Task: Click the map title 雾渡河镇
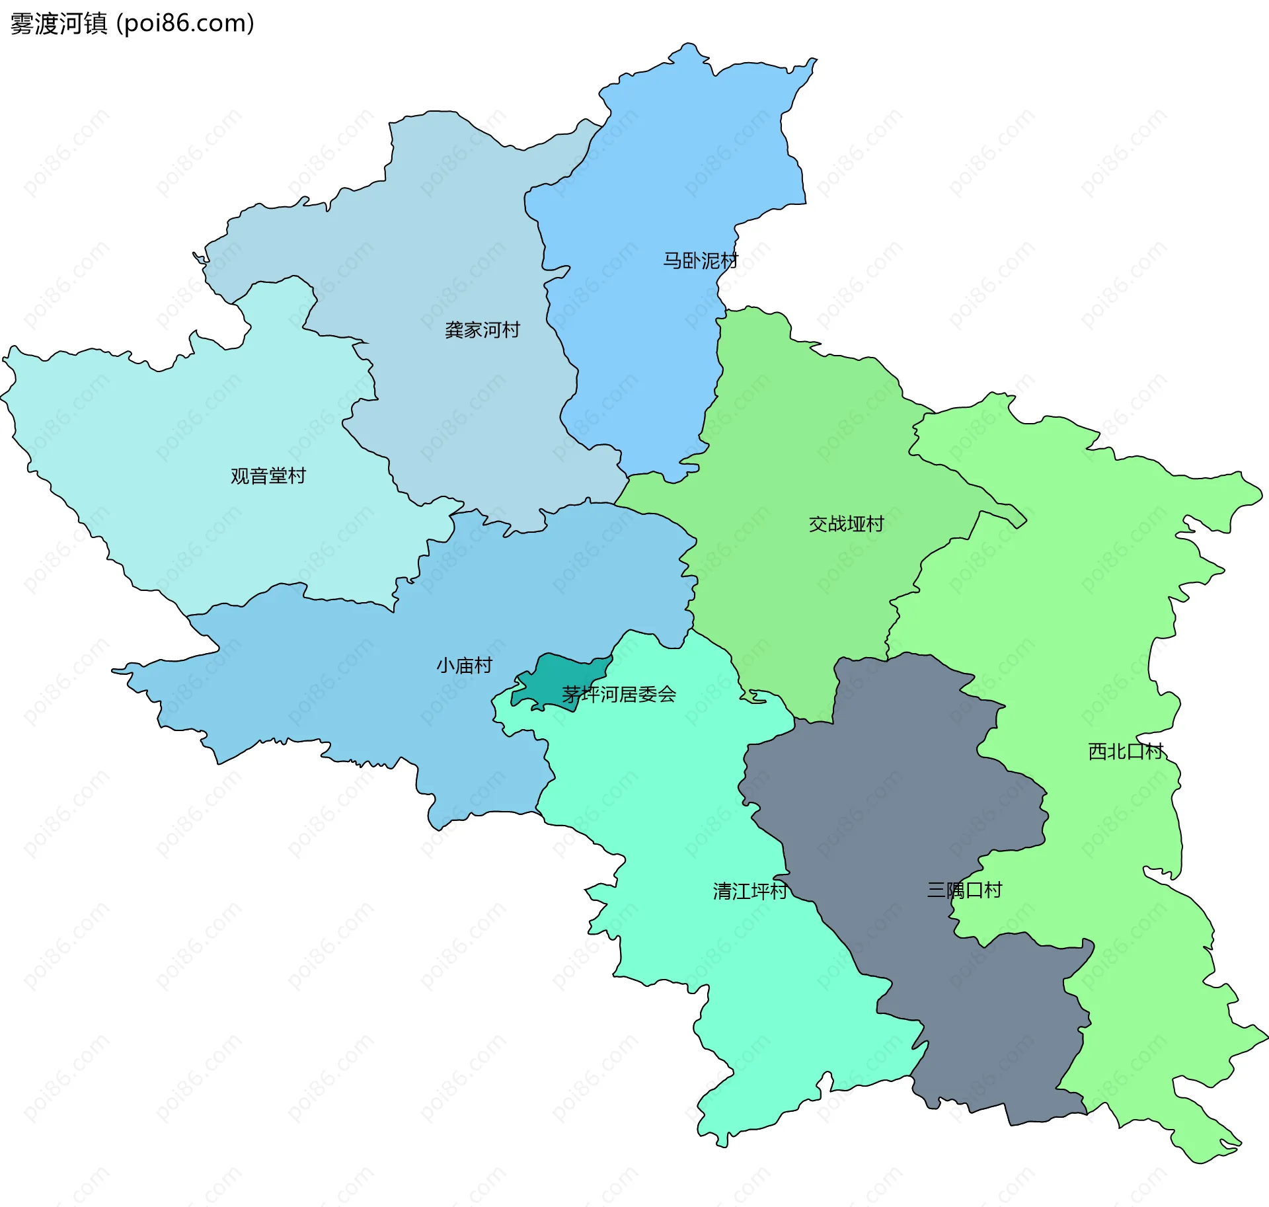(59, 24)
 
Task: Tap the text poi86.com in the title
(184, 24)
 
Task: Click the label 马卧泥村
(700, 260)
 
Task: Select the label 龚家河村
(482, 330)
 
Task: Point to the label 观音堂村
(268, 476)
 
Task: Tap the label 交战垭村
(846, 524)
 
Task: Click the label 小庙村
(464, 665)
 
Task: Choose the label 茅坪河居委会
(619, 694)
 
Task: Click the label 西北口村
(1125, 752)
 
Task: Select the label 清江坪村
(750, 892)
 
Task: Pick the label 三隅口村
(964, 890)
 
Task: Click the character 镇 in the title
(96, 24)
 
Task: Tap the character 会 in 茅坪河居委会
(668, 694)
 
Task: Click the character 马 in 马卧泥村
(672, 260)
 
